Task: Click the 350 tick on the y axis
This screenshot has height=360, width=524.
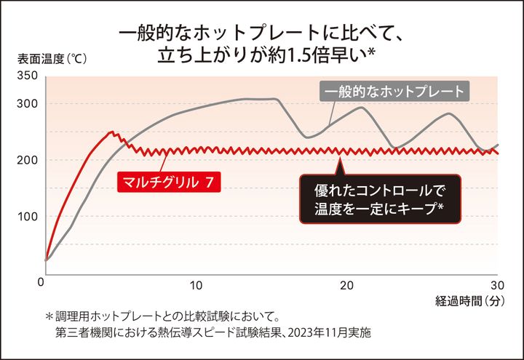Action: (26, 76)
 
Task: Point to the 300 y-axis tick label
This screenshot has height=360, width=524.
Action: (26, 104)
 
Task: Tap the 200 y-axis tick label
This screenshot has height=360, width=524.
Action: (26, 160)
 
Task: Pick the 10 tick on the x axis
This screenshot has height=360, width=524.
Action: (196, 284)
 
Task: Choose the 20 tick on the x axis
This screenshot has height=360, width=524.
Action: (347, 284)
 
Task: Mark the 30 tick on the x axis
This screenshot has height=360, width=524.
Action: (498, 284)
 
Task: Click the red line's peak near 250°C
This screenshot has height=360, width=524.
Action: (111, 132)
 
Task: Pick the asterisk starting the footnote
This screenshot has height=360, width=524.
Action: (49, 318)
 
